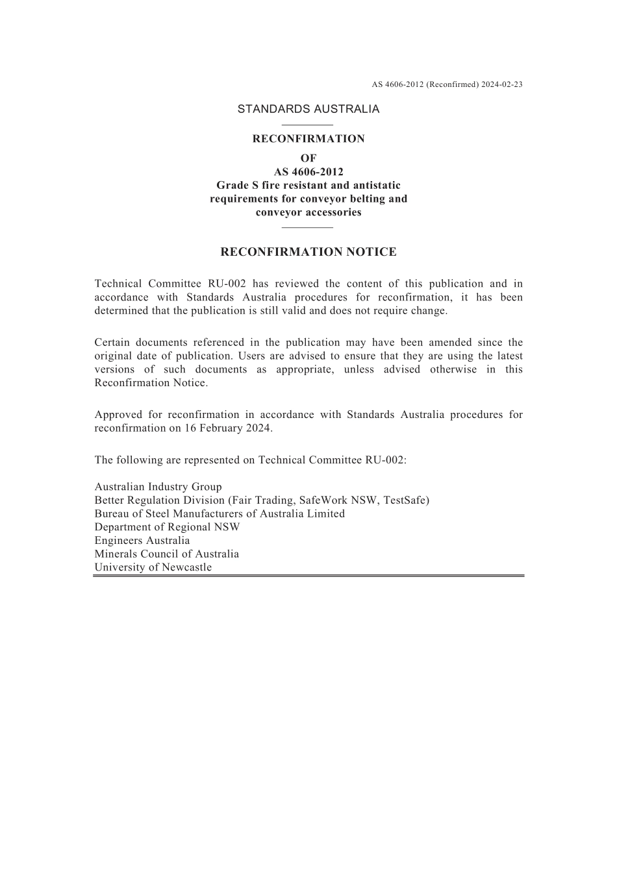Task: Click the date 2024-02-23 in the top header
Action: (x=502, y=84)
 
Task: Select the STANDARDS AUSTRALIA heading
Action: (x=308, y=109)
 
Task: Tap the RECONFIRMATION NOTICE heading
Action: (x=308, y=252)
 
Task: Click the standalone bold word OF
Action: (x=308, y=158)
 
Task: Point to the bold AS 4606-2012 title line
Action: (x=308, y=172)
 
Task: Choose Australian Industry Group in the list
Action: (x=158, y=487)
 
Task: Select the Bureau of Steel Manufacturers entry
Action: (x=220, y=513)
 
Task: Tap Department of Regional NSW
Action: (x=167, y=527)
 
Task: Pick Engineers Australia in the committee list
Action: (x=142, y=540)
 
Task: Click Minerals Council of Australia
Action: (x=166, y=554)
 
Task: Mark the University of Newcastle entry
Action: (x=153, y=567)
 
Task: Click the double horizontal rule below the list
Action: (x=308, y=575)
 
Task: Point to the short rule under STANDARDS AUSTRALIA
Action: (x=308, y=124)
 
